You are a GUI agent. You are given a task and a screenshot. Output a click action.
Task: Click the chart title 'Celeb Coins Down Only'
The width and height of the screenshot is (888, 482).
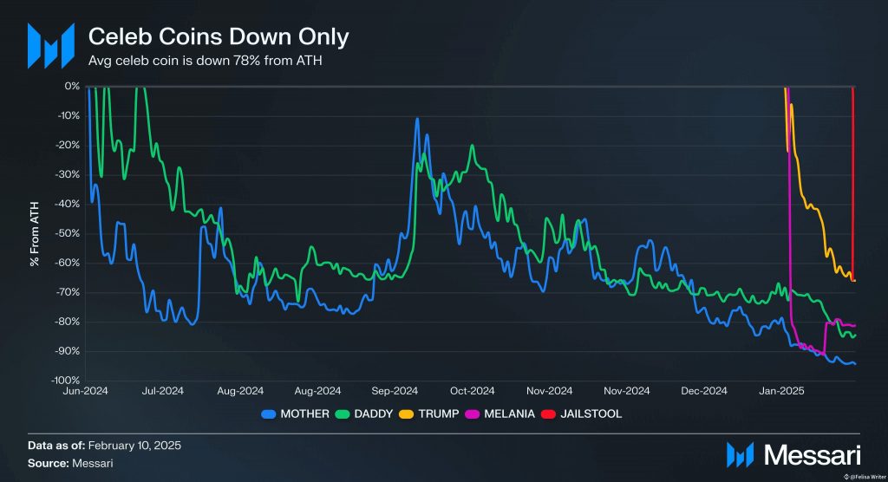pyautogui.click(x=219, y=37)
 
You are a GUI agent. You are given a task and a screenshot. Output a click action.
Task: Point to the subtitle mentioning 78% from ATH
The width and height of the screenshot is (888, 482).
pyautogui.click(x=206, y=61)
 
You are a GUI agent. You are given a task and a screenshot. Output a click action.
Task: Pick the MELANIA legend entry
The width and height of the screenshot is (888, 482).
pyautogui.click(x=511, y=414)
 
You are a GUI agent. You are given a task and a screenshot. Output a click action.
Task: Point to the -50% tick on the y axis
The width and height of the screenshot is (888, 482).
pyautogui.click(x=68, y=233)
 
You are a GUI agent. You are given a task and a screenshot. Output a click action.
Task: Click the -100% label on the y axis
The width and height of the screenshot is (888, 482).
pyautogui.click(x=65, y=381)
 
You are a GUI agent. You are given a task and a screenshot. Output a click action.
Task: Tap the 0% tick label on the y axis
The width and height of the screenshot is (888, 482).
pyautogui.click(x=71, y=87)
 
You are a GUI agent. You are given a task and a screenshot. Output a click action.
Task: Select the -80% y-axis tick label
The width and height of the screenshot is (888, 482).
pyautogui.click(x=68, y=322)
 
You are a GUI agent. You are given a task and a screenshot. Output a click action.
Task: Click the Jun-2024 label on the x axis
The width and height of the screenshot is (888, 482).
pyautogui.click(x=85, y=391)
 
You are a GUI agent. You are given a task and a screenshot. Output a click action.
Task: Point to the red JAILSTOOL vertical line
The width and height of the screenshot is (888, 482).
pyautogui.click(x=853, y=173)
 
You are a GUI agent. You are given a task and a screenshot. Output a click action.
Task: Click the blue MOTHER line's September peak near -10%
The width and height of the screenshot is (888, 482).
pyautogui.click(x=418, y=120)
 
